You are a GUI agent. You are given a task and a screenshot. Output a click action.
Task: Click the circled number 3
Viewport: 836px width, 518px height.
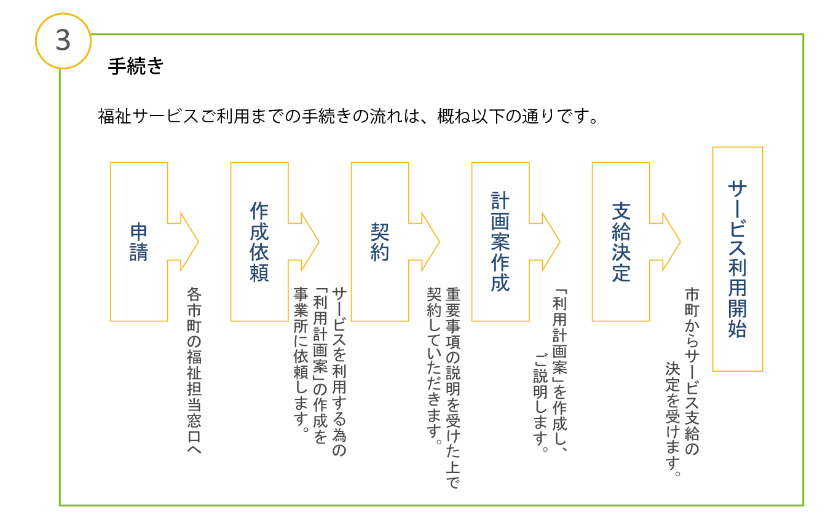pyautogui.click(x=63, y=40)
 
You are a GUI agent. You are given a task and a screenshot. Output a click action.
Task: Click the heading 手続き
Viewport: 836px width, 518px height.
pyautogui.click(x=135, y=66)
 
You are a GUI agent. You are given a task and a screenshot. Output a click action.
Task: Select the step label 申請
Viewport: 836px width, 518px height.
pyautogui.click(x=139, y=241)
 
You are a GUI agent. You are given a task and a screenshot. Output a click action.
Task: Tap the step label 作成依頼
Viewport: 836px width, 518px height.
pyautogui.click(x=259, y=241)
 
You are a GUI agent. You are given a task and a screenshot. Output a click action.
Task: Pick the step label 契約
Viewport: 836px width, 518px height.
pyautogui.click(x=380, y=241)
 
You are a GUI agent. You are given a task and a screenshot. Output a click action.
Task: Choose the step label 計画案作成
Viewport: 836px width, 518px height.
pyautogui.click(x=500, y=241)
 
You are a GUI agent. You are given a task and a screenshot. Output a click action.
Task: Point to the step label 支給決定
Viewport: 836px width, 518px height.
pyautogui.click(x=621, y=241)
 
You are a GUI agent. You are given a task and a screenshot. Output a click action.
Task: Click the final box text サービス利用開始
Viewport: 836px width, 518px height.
pyautogui.click(x=737, y=259)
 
